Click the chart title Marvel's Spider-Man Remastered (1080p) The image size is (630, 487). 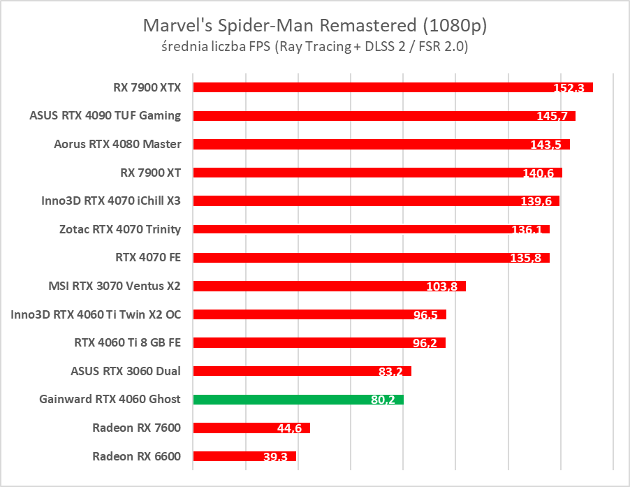click(x=314, y=26)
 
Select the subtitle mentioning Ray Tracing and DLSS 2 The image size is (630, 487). click(x=314, y=47)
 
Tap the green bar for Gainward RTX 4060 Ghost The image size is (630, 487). click(x=298, y=400)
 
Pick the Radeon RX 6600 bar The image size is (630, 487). click(x=244, y=456)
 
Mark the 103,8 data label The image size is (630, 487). click(x=441, y=286)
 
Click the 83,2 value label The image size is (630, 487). click(x=391, y=372)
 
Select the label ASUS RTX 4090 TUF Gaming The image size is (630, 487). click(x=105, y=115)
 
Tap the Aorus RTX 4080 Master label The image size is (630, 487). click(x=117, y=144)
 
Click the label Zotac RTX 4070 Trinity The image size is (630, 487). click(x=120, y=228)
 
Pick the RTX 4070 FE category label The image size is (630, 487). click(x=148, y=257)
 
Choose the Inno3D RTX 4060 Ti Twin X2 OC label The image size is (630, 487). click(x=96, y=314)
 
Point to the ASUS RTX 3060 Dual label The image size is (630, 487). click(x=126, y=370)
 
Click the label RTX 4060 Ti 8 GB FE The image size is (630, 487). click(x=127, y=342)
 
